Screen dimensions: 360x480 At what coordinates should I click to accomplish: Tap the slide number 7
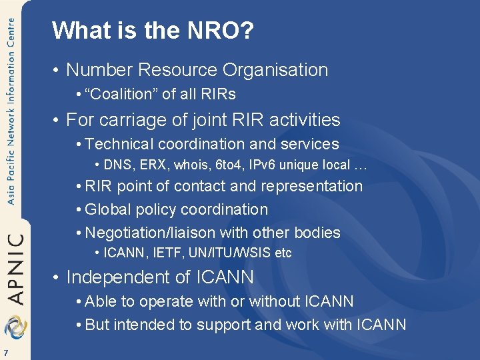[5, 353]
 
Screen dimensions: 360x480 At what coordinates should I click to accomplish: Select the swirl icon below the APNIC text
[13, 327]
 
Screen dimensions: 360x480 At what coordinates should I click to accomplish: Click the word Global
[108, 209]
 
